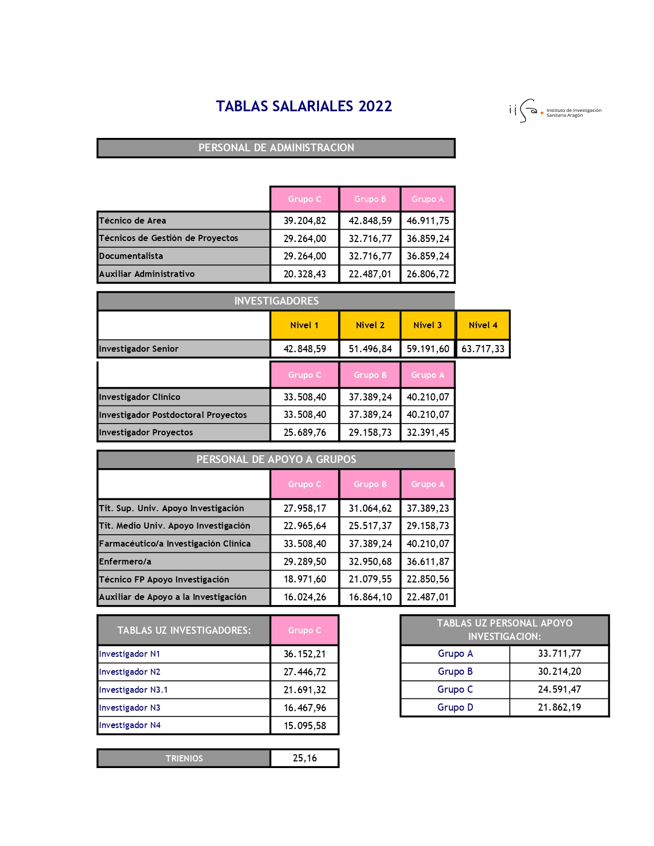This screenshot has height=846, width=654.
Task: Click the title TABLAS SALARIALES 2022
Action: pos(304,106)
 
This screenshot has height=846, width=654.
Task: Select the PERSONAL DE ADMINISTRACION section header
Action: pos(276,148)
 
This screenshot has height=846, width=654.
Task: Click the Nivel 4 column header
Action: pos(483,325)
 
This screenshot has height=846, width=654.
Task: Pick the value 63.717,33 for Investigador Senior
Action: pos(483,349)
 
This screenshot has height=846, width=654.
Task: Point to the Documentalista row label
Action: pos(131,256)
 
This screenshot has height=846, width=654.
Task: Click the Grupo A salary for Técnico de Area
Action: pos(427,220)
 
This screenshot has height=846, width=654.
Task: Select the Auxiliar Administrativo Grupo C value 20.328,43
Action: pos(305,274)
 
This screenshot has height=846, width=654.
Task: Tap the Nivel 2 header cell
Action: pos(370,325)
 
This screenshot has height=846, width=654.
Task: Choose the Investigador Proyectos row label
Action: pos(146,432)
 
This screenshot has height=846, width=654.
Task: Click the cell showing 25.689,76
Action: pos(305,432)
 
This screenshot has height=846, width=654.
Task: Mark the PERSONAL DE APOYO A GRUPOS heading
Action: pos(276,459)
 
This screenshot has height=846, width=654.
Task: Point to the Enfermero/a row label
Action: pos(125,561)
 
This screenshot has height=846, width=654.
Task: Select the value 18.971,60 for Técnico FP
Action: pos(305,579)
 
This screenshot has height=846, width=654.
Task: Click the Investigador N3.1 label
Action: pos(133,690)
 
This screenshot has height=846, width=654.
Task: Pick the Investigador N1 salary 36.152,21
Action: pos(305,654)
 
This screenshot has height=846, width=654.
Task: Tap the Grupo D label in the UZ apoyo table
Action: pos(455,707)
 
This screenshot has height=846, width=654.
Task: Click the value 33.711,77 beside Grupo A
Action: pos(559,653)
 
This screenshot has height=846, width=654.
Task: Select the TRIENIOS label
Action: pos(184,758)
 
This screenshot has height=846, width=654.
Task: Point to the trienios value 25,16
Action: pos(305,758)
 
